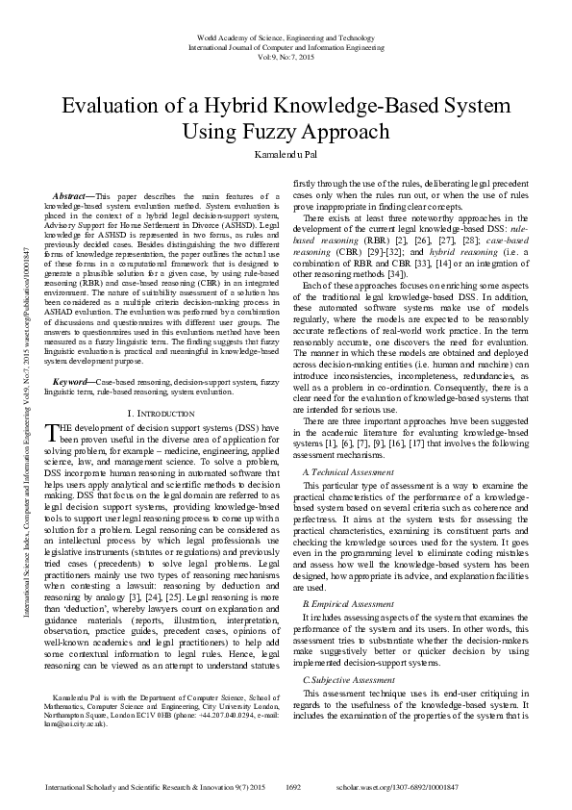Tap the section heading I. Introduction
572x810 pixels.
pyautogui.click(x=157, y=412)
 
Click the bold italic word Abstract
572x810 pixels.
pyautogui.click(x=73, y=195)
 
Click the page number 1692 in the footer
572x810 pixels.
pyautogui.click(x=294, y=786)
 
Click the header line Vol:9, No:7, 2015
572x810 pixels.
pyautogui.click(x=286, y=56)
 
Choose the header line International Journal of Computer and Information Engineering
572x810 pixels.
pyautogui.click(x=286, y=44)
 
